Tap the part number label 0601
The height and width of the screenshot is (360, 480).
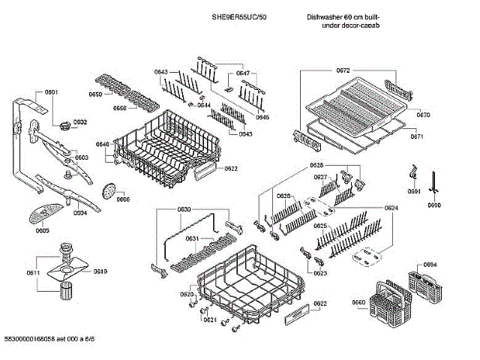(51, 92)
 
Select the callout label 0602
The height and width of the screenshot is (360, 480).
(79, 122)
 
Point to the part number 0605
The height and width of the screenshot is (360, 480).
(42, 231)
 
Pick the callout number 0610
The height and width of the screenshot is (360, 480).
(100, 271)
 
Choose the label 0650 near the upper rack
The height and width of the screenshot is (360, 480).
(95, 94)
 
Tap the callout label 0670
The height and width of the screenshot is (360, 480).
(424, 115)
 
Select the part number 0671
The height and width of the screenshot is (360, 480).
(418, 137)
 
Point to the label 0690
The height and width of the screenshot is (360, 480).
(434, 205)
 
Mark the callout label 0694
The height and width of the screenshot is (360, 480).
(430, 265)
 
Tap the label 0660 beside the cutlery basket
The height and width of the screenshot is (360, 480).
(358, 303)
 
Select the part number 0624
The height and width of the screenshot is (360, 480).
(391, 207)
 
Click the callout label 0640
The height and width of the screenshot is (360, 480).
(103, 143)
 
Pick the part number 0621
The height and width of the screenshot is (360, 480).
(209, 320)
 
